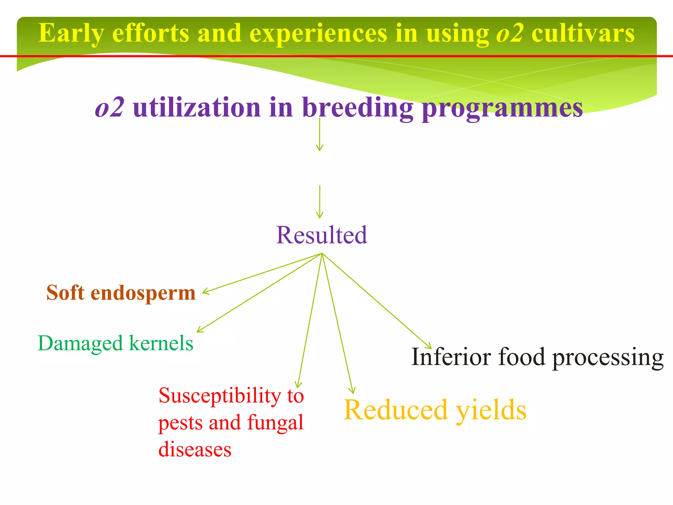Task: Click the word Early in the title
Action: [x=71, y=34]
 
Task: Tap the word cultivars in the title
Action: [x=583, y=34]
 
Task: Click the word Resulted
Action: [x=321, y=235]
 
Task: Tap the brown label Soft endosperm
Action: [x=121, y=293]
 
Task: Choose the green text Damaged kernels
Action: [x=115, y=344]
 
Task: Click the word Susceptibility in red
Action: [x=219, y=396]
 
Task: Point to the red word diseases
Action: [x=195, y=449]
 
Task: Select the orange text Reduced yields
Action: [x=435, y=410]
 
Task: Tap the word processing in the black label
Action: [x=608, y=358]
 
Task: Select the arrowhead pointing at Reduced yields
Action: [x=352, y=391]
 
